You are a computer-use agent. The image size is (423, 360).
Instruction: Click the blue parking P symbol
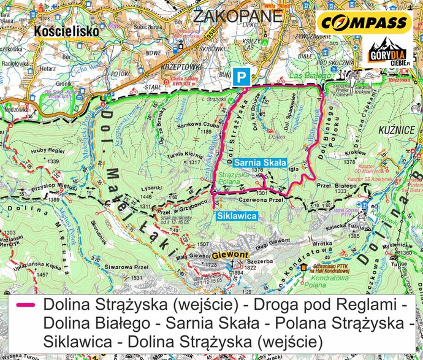pyautogui.click(x=243, y=77)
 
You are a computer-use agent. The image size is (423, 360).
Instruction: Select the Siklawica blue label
pyautogui.click(x=236, y=216)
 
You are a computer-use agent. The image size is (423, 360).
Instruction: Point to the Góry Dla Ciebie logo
pyautogui.click(x=386, y=55)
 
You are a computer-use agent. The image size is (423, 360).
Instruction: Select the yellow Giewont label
pyautogui.click(x=231, y=255)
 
